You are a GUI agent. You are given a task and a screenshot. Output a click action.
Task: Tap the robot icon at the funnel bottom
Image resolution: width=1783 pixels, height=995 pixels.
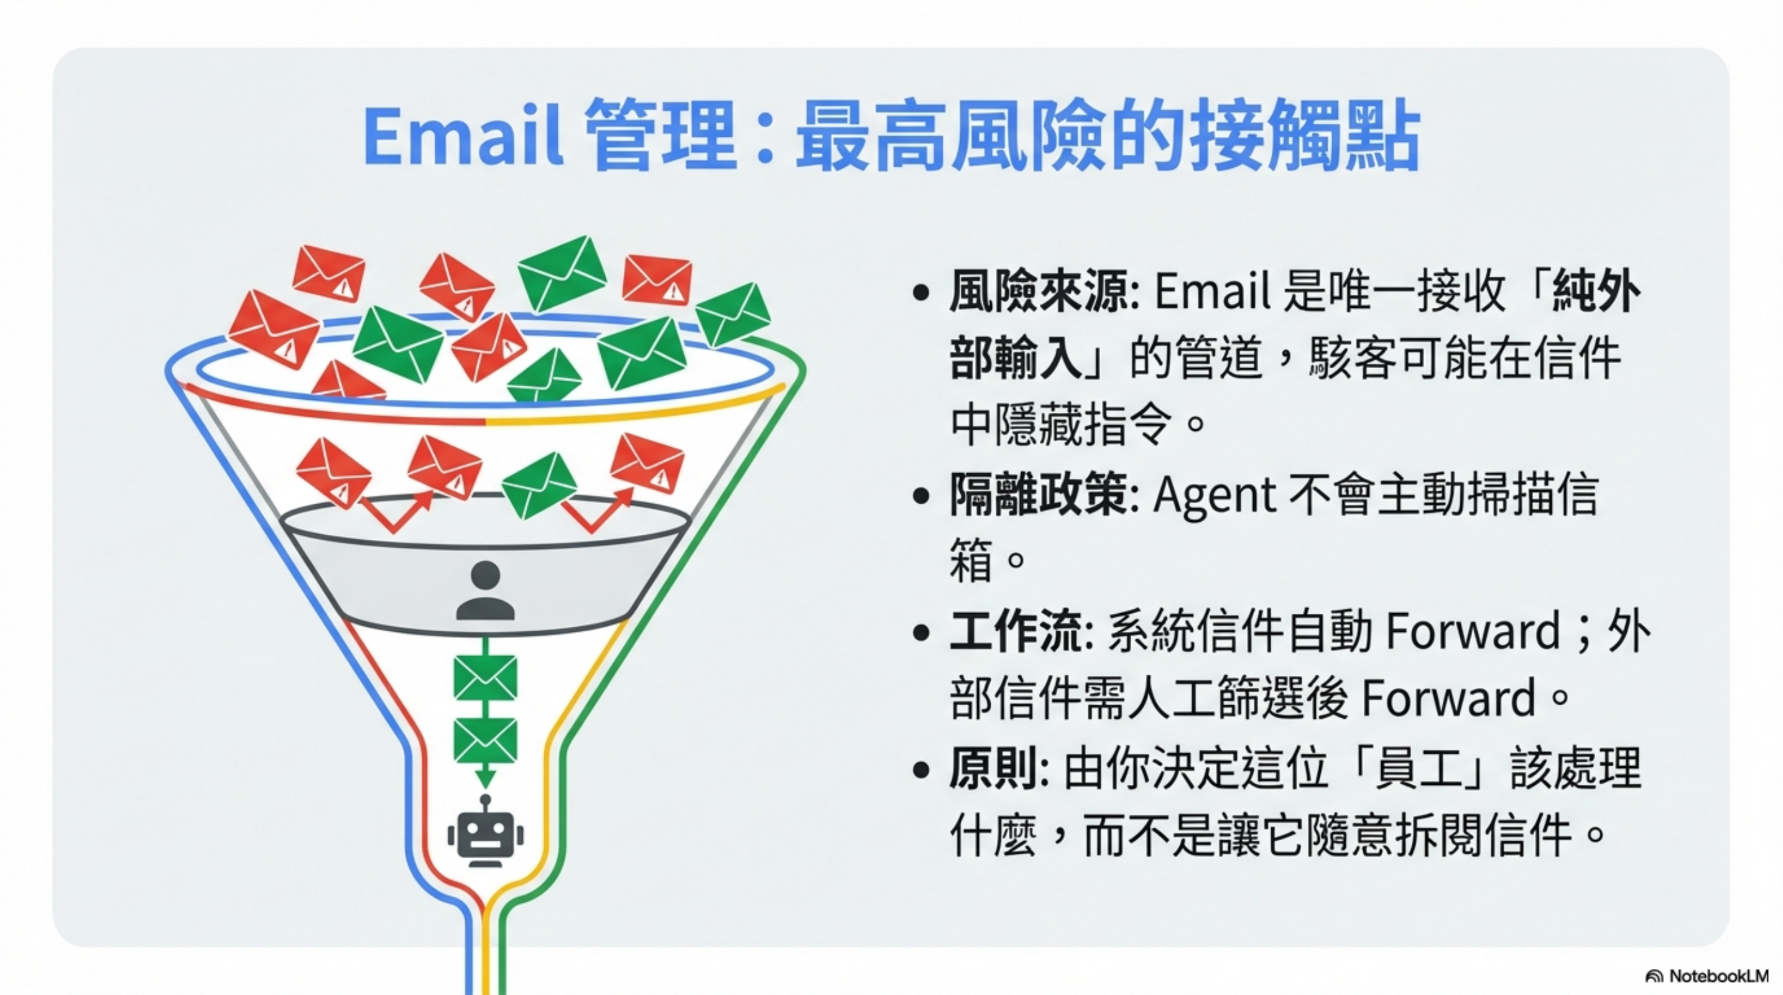click(485, 834)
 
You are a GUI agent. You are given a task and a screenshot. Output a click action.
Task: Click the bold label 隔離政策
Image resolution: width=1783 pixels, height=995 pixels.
click(1038, 496)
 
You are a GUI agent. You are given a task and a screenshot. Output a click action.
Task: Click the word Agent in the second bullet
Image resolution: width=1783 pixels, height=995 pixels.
click(1214, 496)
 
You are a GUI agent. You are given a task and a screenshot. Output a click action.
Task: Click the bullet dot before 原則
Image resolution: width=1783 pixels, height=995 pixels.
click(920, 769)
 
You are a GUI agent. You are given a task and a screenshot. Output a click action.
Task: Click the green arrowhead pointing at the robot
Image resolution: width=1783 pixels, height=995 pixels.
click(485, 779)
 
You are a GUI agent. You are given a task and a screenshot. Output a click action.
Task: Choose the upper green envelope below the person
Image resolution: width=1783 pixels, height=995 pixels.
click(485, 677)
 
